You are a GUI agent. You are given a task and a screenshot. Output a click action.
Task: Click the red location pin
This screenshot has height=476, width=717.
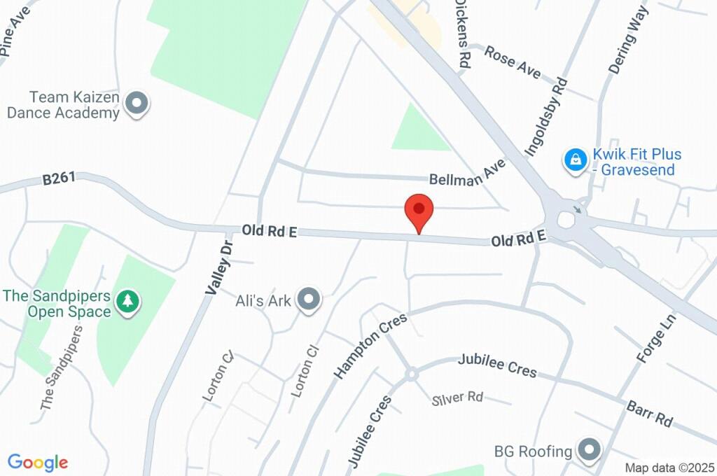(x=419, y=210)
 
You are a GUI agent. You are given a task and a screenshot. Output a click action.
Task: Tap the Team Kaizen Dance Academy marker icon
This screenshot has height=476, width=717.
(x=137, y=104)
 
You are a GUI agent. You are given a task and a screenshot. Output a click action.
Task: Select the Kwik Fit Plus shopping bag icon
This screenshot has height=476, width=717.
(x=575, y=160)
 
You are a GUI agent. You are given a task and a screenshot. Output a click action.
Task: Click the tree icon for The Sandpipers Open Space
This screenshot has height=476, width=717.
(x=127, y=302)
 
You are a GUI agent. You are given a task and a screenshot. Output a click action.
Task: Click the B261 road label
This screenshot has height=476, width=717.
(x=59, y=180)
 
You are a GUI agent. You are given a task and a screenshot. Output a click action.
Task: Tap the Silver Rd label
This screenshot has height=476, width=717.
(x=458, y=398)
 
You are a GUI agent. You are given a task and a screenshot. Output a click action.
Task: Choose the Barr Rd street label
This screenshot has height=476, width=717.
(x=650, y=414)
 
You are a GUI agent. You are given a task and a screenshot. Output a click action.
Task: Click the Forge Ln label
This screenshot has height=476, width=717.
(x=655, y=338)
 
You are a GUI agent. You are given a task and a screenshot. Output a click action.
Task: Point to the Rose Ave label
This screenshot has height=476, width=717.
(x=513, y=62)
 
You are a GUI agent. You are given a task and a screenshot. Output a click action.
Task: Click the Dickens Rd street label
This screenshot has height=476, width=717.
(x=462, y=32)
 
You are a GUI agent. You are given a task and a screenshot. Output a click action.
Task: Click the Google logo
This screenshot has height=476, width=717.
(x=38, y=462)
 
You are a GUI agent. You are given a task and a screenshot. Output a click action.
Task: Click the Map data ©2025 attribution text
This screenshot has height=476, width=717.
(x=669, y=468)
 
